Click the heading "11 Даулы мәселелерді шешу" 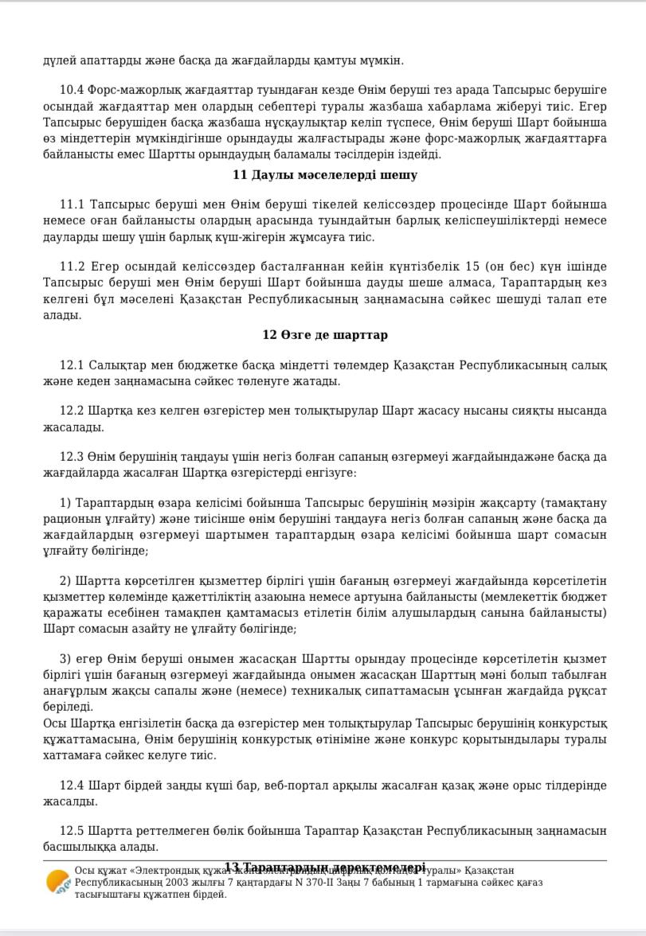[x=324, y=175]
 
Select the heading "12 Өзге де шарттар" [x=324, y=335]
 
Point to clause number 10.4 [x=72, y=91]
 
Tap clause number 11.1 [x=72, y=205]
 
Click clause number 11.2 [x=72, y=267]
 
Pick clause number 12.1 [x=72, y=365]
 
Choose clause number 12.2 [x=72, y=411]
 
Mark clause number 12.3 [x=72, y=457]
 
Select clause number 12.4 [x=72, y=786]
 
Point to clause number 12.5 [x=72, y=831]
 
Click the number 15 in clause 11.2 [x=472, y=267]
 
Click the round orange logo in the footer [x=57, y=882]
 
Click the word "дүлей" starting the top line [x=59, y=60]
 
